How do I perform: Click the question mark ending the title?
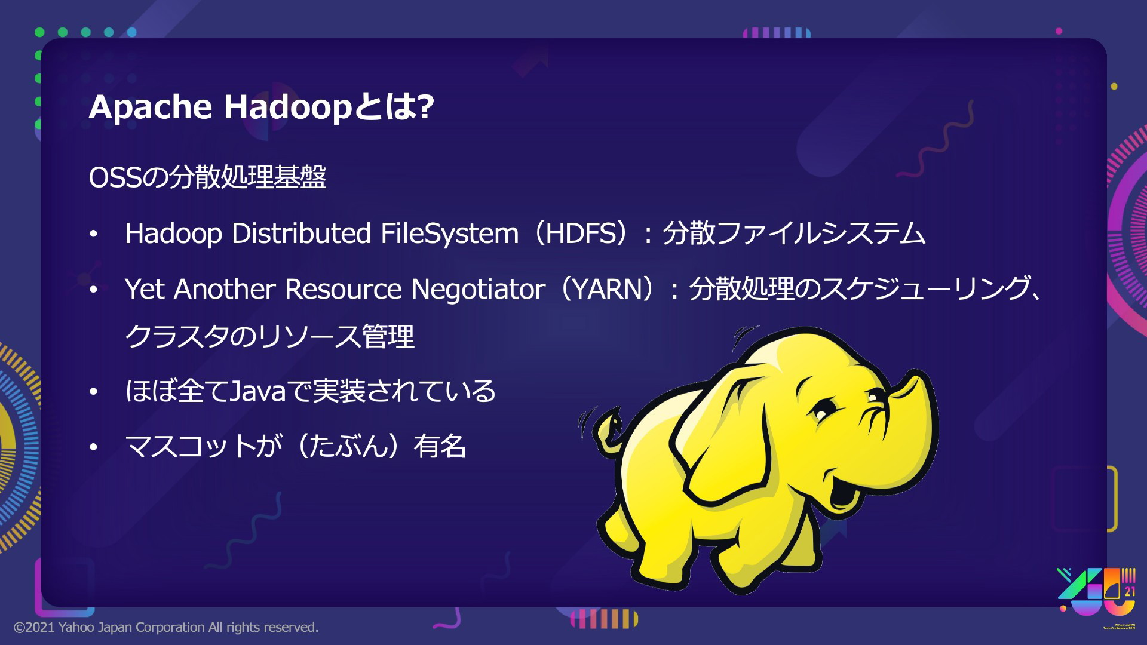click(x=425, y=106)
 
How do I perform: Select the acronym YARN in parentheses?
click(x=607, y=289)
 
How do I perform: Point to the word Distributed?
click(x=301, y=233)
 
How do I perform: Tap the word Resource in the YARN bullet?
click(x=343, y=290)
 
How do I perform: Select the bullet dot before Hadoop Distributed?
click(x=93, y=235)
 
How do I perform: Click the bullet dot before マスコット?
click(x=93, y=447)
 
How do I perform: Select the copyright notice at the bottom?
click(x=166, y=627)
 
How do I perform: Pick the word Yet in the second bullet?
click(x=145, y=290)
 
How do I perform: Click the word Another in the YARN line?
click(x=225, y=290)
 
